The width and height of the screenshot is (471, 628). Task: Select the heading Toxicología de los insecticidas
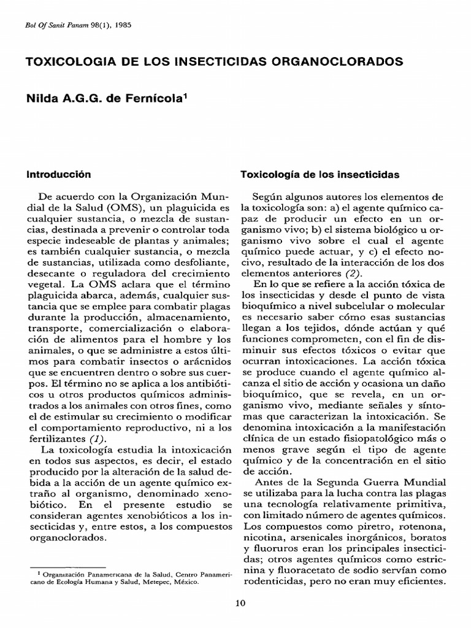[x=321, y=174]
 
